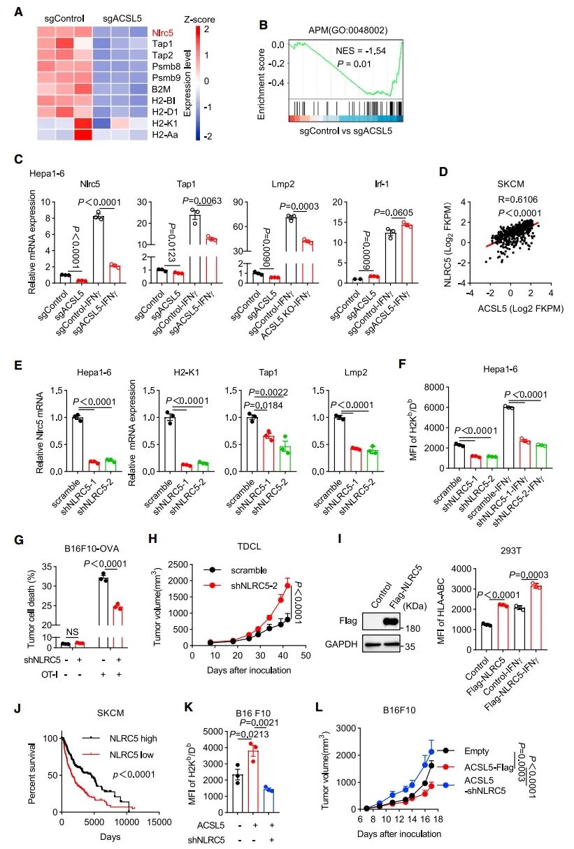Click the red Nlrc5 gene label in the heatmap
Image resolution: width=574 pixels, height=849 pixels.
click(163, 32)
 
